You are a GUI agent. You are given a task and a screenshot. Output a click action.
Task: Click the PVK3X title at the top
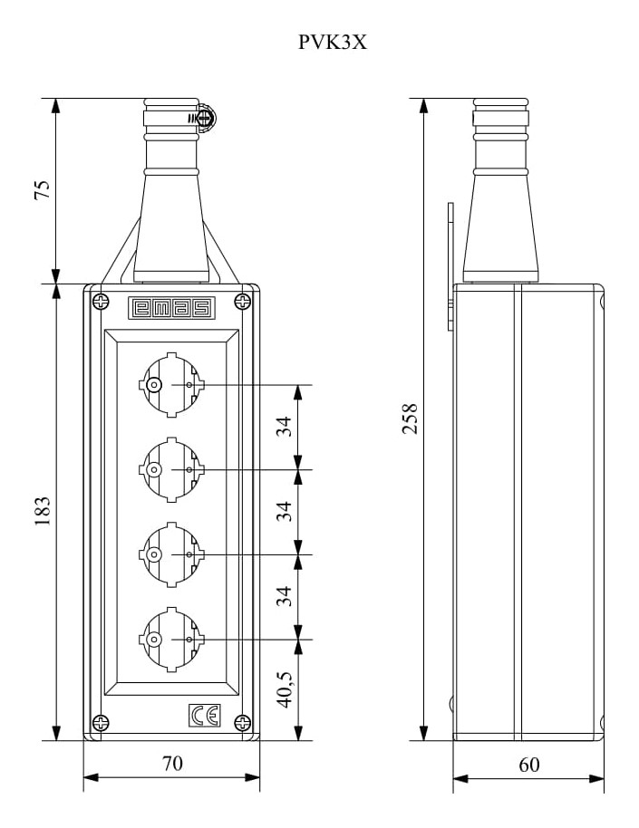click(332, 42)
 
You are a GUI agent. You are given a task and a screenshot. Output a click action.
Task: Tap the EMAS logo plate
click(172, 308)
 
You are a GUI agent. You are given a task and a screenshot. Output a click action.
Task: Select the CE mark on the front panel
click(205, 716)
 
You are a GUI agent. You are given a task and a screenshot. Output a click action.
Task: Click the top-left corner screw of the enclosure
click(101, 302)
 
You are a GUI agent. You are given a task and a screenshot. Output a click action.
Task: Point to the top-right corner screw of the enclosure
click(243, 302)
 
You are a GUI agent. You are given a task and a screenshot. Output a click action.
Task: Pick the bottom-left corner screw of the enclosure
click(101, 722)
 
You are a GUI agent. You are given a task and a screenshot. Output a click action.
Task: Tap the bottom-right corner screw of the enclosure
click(243, 722)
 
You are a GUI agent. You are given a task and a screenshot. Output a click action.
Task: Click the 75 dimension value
click(42, 190)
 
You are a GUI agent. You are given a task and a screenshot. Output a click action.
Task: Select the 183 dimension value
click(42, 511)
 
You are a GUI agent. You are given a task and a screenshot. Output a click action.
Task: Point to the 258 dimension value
click(410, 419)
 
